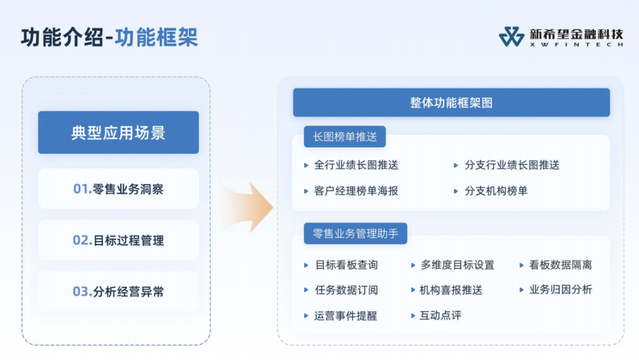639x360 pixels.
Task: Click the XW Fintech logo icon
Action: click(x=511, y=37)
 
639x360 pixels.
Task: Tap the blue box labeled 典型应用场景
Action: click(x=118, y=133)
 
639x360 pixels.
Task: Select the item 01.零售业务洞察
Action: click(x=118, y=189)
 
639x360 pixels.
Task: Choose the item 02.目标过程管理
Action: click(x=118, y=240)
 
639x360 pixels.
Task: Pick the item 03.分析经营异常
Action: click(x=118, y=291)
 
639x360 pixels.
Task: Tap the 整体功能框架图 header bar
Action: click(x=451, y=102)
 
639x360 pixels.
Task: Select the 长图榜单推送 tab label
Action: click(x=345, y=137)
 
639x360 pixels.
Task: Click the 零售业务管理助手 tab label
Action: click(x=356, y=234)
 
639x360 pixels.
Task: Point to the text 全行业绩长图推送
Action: click(x=356, y=165)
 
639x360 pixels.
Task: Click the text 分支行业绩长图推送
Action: click(x=512, y=165)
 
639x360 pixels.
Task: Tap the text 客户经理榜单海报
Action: click(x=356, y=191)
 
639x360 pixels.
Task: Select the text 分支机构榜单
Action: click(x=496, y=191)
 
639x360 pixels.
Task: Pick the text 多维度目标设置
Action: click(x=457, y=265)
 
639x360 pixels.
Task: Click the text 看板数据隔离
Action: click(x=561, y=265)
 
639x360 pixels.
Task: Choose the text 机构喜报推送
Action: click(x=451, y=290)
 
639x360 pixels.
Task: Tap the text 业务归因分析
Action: click(x=561, y=290)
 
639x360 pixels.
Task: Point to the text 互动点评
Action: click(x=441, y=316)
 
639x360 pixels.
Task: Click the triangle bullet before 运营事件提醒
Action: click(x=306, y=316)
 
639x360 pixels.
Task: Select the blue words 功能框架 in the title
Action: click(x=156, y=37)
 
